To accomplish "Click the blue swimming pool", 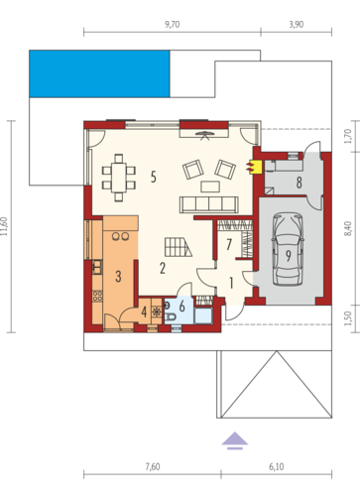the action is (99, 73).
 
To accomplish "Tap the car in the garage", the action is (288, 249).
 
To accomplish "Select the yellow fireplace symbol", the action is (254, 167).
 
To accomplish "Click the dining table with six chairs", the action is (119, 178).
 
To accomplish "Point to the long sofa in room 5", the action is (209, 204).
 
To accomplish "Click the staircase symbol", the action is (178, 247).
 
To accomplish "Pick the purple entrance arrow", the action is (235, 440).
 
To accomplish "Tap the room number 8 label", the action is (299, 183).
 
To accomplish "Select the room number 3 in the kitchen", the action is (118, 276).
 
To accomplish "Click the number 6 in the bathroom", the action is (181, 307).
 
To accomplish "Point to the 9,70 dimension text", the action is (173, 25).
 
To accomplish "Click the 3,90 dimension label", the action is (297, 25).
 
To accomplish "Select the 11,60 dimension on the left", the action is (4, 226).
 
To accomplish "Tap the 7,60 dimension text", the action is (153, 466).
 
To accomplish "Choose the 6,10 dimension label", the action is (277, 466).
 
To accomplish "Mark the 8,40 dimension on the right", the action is (348, 228).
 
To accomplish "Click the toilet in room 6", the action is (171, 316).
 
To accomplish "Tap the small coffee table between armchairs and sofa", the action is (210, 187).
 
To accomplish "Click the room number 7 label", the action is (229, 244).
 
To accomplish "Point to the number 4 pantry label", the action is (144, 312).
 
